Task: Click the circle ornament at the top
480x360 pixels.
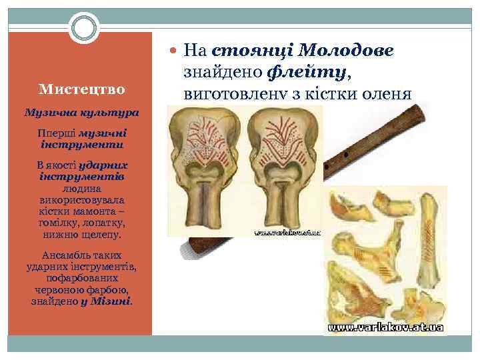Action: pos(84,29)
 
